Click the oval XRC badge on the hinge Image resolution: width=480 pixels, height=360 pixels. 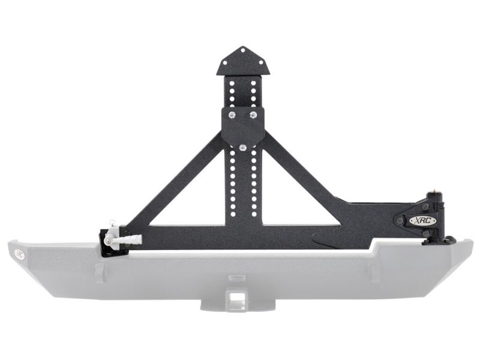click(422, 220)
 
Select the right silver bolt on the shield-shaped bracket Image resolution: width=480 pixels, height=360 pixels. click(253, 113)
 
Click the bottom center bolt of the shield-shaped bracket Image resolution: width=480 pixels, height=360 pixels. click(242, 147)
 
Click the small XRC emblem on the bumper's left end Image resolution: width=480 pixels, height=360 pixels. click(20, 253)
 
